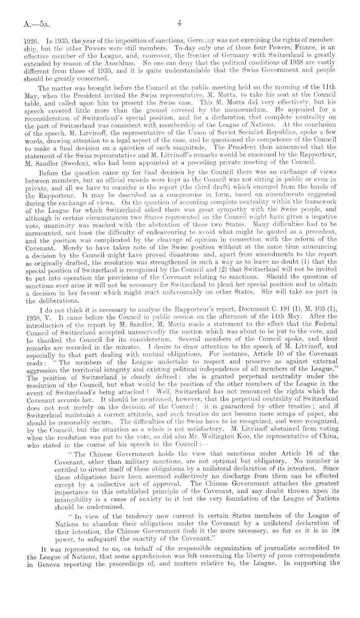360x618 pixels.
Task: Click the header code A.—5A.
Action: point(29,23)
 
